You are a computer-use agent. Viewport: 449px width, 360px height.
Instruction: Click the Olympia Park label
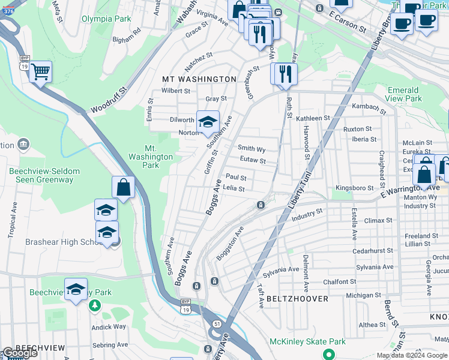(x=106, y=19)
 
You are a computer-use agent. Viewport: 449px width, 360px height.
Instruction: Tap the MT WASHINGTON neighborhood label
(x=199, y=79)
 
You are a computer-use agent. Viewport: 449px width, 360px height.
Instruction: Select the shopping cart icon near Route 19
(x=40, y=72)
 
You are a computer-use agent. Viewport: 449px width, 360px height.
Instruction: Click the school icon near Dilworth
(x=208, y=122)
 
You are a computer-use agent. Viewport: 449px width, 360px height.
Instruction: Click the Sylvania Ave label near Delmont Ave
(x=285, y=269)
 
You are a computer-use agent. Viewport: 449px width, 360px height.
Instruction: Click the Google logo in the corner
(x=20, y=353)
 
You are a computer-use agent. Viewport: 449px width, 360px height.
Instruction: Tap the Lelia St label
(x=234, y=188)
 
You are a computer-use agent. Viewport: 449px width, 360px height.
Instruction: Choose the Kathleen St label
(x=313, y=119)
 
